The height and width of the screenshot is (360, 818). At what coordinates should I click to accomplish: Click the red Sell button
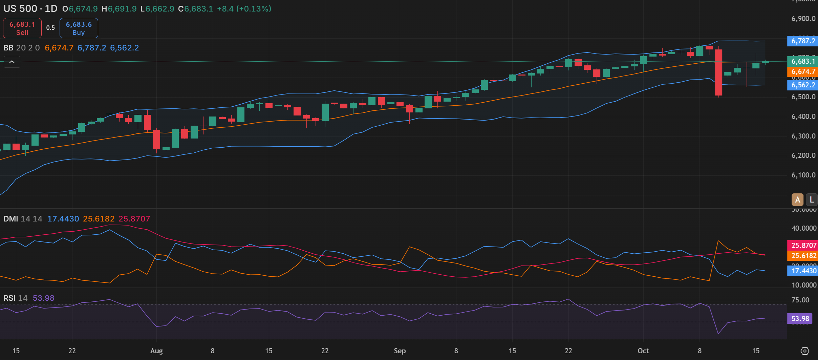tap(22, 28)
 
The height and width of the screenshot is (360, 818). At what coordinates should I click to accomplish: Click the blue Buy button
tap(79, 28)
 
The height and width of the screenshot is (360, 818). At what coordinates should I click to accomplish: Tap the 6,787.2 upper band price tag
tap(803, 41)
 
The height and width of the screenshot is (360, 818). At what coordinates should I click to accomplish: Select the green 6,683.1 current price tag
tap(803, 61)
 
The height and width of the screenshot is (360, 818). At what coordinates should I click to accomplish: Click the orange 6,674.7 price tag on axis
tap(803, 71)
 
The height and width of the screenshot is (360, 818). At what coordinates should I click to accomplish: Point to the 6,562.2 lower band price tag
tap(803, 85)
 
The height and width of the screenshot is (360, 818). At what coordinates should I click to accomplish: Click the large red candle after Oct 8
tap(718, 72)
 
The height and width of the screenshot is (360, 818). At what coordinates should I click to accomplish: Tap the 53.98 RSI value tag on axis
tap(800, 319)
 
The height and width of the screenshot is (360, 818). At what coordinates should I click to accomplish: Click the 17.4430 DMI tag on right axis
tap(803, 271)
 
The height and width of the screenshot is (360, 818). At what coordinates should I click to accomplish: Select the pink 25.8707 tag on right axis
tap(803, 245)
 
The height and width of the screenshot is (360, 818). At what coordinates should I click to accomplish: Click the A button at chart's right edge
tap(797, 200)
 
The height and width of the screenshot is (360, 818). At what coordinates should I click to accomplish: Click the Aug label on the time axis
tap(156, 351)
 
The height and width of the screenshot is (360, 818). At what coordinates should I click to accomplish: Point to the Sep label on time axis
tap(400, 351)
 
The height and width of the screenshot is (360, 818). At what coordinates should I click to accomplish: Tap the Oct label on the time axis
tap(643, 351)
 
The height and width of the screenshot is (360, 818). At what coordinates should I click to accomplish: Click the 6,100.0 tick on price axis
tap(803, 175)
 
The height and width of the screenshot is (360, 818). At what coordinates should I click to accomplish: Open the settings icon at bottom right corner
tap(805, 351)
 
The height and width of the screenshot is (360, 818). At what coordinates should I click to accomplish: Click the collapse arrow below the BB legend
tap(12, 62)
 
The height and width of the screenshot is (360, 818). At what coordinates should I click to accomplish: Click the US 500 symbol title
tap(20, 9)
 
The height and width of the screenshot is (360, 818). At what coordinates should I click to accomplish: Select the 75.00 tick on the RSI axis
tap(800, 300)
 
